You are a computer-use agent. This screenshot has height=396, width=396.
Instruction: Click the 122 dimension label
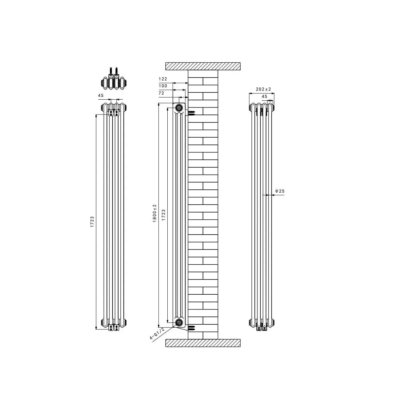coord(163,79)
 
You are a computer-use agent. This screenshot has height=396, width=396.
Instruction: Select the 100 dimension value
coord(163,86)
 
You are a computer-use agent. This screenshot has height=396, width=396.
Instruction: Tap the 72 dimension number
coord(161,93)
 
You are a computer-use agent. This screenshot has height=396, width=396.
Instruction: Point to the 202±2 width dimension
coord(263,89)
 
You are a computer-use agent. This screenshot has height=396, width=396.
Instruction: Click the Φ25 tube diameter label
coord(280,191)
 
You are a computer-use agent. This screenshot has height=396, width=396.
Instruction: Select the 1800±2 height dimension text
coord(154,213)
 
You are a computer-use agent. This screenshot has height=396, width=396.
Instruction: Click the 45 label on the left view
coord(101,96)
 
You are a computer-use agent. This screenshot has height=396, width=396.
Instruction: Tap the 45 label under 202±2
coord(264,97)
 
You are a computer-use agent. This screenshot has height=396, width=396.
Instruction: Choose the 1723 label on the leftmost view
coord(92,221)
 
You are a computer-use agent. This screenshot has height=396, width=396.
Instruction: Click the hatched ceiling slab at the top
coord(203,66)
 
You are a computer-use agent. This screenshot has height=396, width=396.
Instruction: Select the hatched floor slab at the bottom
coord(203,343)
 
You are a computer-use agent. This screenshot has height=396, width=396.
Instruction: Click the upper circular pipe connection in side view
coord(179,108)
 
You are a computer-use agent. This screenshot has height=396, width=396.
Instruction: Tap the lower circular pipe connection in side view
coord(179,322)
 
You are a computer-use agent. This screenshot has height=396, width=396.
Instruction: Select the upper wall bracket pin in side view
coord(191,113)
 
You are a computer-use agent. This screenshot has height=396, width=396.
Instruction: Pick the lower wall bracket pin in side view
coord(191,328)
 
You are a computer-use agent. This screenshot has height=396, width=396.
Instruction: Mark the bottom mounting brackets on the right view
coord(261,328)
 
